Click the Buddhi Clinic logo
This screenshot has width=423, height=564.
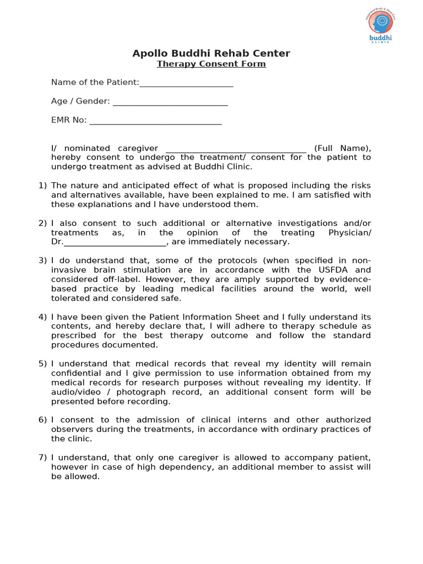tap(381, 27)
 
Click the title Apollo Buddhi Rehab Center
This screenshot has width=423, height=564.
tap(211, 53)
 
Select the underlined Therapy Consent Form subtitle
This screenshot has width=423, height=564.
tap(211, 64)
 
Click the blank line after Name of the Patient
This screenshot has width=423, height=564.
tap(186, 83)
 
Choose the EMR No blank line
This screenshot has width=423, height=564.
tap(155, 121)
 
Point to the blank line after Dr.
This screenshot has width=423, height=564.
tap(115, 242)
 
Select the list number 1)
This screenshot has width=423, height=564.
tap(43, 186)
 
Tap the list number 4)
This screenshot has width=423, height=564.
tap(43, 317)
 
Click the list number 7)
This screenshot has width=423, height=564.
tap(43, 458)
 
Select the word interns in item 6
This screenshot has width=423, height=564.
tap(245, 420)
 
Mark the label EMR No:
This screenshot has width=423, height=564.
tap(69, 120)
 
